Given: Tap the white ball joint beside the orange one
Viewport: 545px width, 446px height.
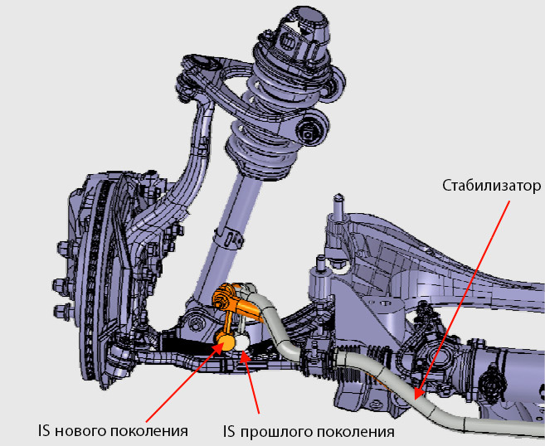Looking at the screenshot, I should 242,340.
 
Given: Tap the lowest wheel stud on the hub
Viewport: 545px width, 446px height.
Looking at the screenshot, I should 60,312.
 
